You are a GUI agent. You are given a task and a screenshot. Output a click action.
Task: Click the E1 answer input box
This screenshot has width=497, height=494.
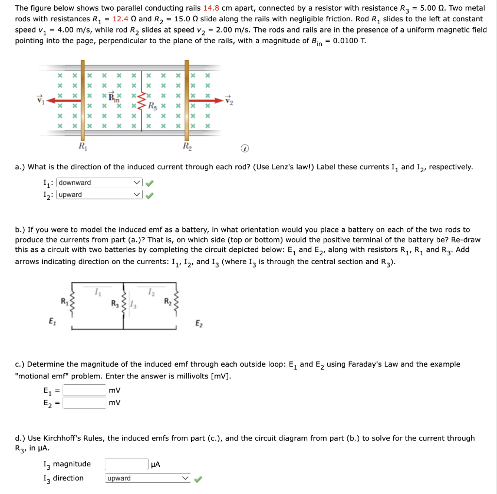coord(84,390)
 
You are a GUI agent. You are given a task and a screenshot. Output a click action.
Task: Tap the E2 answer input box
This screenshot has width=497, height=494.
coord(84,403)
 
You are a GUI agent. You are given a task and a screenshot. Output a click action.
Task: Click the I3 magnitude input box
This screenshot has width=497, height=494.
coord(126,464)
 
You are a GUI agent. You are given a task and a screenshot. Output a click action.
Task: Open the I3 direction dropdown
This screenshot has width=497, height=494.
coord(148,478)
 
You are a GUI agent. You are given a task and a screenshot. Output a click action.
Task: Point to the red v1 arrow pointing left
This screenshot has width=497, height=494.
coord(63,100)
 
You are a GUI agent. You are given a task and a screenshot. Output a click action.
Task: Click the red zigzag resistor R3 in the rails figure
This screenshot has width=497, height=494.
coord(142,100)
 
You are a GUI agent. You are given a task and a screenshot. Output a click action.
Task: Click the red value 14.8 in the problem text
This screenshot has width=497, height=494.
coord(212,8)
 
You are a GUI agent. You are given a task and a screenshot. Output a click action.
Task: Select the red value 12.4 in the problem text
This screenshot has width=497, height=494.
coord(122,19)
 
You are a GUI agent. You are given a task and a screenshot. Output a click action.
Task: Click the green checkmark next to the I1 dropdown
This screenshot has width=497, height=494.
coord(150,183)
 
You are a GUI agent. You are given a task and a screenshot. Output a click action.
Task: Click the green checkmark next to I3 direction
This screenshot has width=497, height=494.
coord(198,479)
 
